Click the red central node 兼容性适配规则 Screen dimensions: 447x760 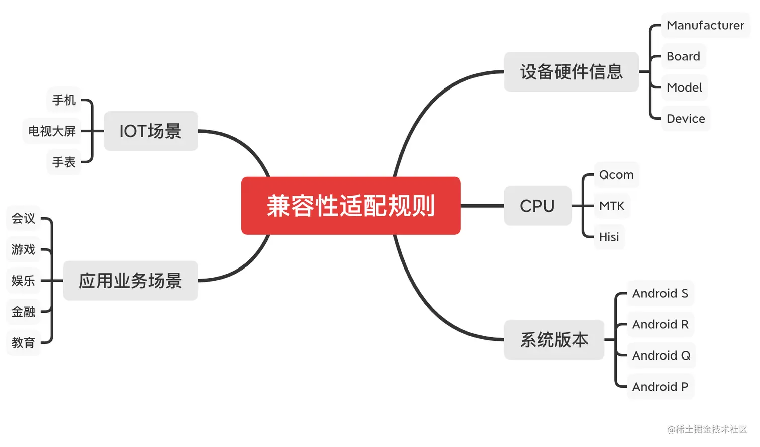click(x=351, y=206)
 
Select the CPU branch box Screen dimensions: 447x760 click(x=537, y=206)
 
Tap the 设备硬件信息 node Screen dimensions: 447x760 click(x=571, y=72)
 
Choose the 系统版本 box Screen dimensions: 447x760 click(x=554, y=340)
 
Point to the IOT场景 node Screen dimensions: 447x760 click(x=150, y=131)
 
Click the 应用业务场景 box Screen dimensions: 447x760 click(x=130, y=281)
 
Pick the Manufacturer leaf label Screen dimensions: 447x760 click(x=705, y=25)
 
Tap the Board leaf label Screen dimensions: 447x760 click(x=683, y=56)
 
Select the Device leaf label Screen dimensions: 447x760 click(x=686, y=119)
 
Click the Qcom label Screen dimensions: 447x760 click(x=616, y=175)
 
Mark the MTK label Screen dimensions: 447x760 click(x=612, y=206)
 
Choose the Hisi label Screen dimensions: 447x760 click(x=609, y=237)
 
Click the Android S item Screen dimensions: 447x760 click(x=660, y=293)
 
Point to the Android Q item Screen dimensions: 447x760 click(x=661, y=355)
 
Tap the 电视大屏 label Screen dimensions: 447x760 click(x=52, y=131)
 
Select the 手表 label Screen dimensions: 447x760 click(x=64, y=162)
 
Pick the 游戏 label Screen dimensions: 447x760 click(x=23, y=249)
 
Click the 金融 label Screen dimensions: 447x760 click(x=23, y=312)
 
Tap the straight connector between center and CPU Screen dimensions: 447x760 click(x=482, y=206)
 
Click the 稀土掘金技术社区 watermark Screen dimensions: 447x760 click(x=707, y=429)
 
